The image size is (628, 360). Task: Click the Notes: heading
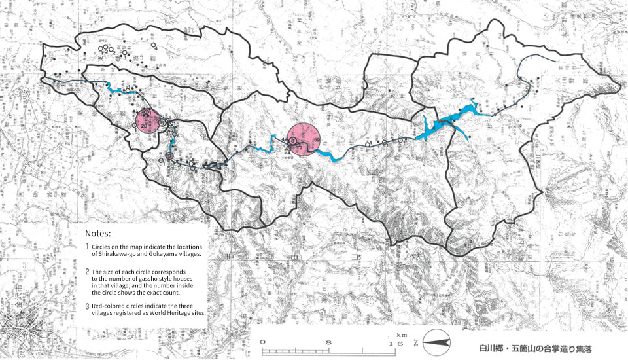(99, 233)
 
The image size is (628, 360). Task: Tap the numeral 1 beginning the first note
(87, 246)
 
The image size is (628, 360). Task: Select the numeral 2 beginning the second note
(88, 271)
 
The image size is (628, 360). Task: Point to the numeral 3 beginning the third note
(88, 306)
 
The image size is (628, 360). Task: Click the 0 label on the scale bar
(262, 342)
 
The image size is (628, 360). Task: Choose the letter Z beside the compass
(417, 342)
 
